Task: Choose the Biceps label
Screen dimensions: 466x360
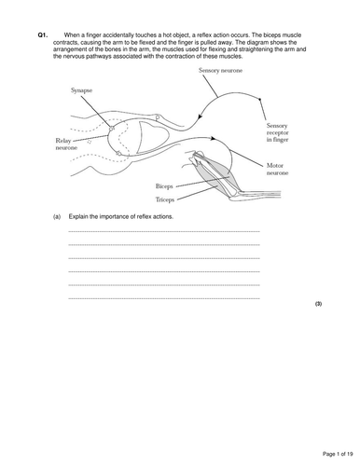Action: point(166,185)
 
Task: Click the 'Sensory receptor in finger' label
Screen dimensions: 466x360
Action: point(284,130)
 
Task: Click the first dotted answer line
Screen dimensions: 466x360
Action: point(164,230)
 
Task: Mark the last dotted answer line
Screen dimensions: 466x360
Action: point(164,297)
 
